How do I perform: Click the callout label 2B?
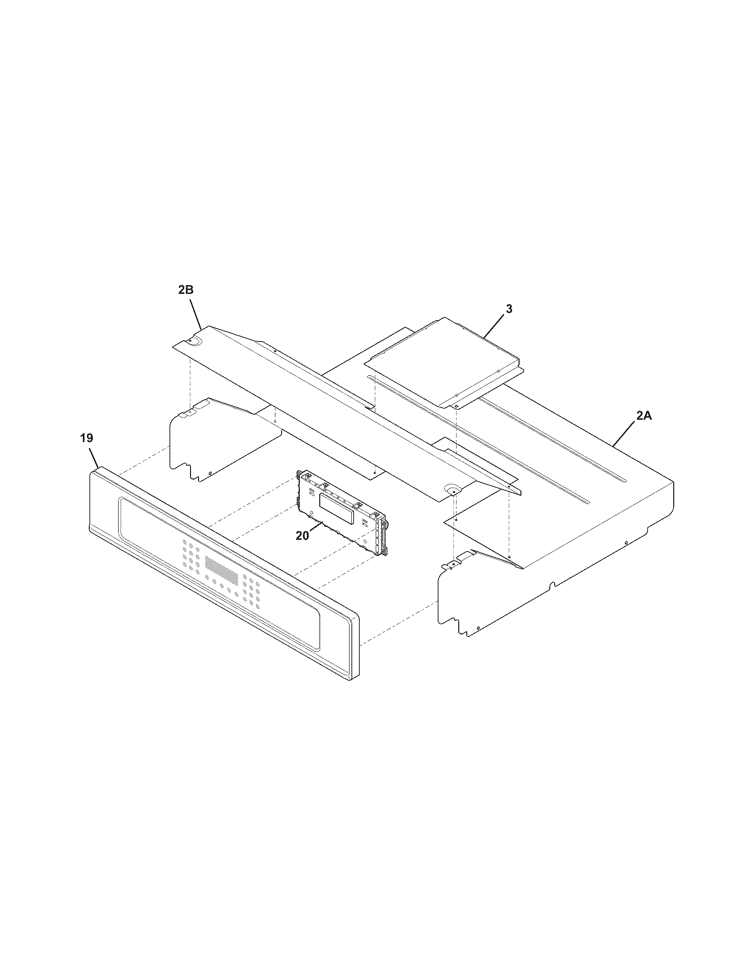point(186,290)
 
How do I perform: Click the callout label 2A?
point(644,416)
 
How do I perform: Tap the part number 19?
point(87,438)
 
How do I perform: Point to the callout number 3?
point(509,309)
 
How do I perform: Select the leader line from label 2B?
point(195,312)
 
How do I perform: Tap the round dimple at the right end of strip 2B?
point(452,488)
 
